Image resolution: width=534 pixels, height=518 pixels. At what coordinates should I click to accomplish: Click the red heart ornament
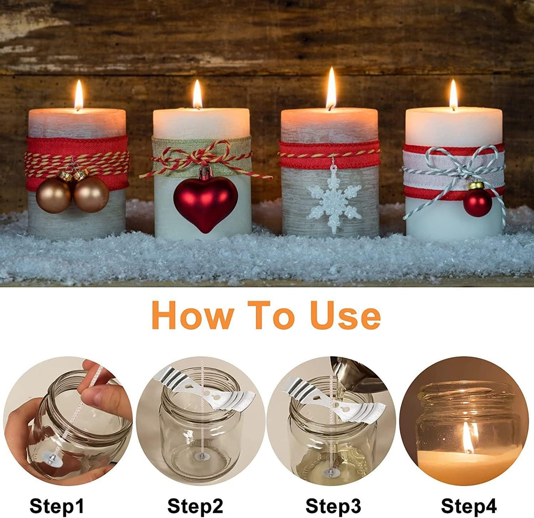coord(205,202)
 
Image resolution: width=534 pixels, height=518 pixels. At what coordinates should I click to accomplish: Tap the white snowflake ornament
coord(334,202)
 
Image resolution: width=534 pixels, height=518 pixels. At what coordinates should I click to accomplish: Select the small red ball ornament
coord(477,203)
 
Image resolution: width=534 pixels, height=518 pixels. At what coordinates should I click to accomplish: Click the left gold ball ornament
coord(53,195)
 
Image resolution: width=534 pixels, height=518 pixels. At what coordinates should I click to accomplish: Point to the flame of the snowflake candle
coord(331,88)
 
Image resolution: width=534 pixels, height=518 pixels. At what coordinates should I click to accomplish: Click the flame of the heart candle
coord(198,94)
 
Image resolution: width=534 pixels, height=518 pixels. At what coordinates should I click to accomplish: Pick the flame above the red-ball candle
coord(453,94)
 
